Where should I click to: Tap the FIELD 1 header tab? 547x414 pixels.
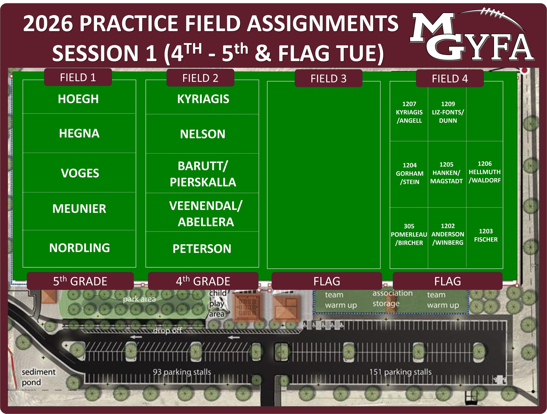[78, 77]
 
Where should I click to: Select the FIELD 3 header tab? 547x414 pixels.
[328, 79]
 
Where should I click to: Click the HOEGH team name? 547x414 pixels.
[78, 99]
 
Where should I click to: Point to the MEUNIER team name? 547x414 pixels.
[79, 209]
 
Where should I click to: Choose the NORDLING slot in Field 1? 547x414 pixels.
[79, 248]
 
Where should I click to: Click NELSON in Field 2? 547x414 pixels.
[203, 134]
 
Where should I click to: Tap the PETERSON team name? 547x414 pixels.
[202, 249]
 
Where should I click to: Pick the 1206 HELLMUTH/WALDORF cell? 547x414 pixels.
[485, 172]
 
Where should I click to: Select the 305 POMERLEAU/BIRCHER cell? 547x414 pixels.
[409, 234]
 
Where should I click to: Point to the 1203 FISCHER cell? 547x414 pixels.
[486, 235]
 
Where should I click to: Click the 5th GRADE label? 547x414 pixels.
[80, 281]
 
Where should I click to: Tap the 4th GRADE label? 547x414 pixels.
[203, 281]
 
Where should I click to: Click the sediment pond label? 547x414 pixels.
[38, 377]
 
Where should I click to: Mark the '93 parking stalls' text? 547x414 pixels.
[182, 372]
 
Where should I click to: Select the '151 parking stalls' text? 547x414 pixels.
[400, 372]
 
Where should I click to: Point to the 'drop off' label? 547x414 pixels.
[167, 331]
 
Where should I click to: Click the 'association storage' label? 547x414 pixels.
[392, 298]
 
